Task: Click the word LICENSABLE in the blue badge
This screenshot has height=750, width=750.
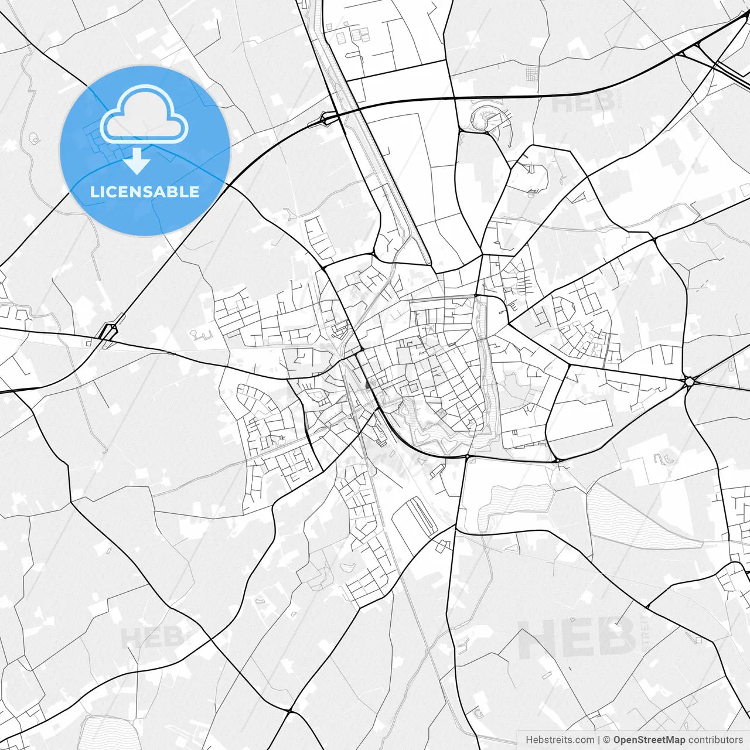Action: coord(145,192)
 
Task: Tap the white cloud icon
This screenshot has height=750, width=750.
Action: coord(144,115)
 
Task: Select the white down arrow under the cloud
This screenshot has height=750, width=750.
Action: coord(137,161)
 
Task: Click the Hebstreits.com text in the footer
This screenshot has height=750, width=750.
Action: coord(560,740)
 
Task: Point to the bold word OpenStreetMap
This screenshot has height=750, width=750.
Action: coord(649,740)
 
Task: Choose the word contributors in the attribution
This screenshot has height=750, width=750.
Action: coord(715,740)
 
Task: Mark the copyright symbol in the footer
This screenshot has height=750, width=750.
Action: coord(607,740)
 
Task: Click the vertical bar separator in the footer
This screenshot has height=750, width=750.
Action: coord(599,740)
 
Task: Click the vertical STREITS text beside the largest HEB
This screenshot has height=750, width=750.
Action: coord(646,633)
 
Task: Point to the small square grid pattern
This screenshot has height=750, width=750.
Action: coord(531,74)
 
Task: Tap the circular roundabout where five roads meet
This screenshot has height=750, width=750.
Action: coord(690,381)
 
